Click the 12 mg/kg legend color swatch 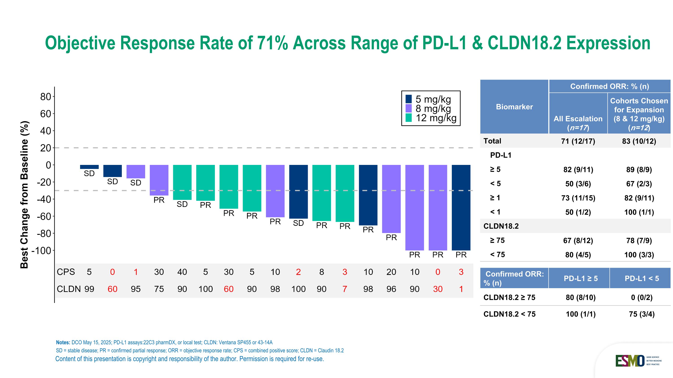[x=408, y=118]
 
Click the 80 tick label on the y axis [x=46, y=97]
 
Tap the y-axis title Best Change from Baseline [x=24, y=195]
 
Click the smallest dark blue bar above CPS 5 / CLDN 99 [x=89, y=167]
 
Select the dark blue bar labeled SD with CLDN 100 [x=298, y=192]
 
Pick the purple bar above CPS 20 [x=391, y=199]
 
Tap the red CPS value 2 [x=298, y=272]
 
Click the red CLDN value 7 [x=345, y=289]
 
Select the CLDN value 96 [x=391, y=289]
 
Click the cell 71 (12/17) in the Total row [x=578, y=141]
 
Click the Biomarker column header [x=514, y=107]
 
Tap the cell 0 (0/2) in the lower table [x=641, y=297]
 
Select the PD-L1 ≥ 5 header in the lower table [x=581, y=278]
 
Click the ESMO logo [x=630, y=361]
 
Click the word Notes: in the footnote [x=63, y=343]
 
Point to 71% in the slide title [x=272, y=43]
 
